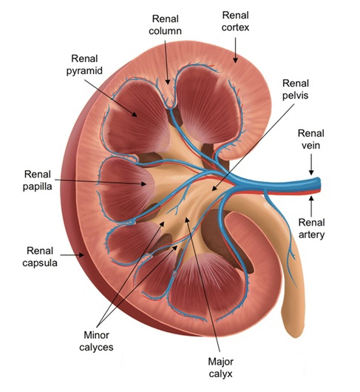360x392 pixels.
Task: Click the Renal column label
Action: pyautogui.click(x=165, y=25)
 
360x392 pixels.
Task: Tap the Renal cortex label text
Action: pyautogui.click(x=235, y=21)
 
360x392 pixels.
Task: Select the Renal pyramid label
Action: pyautogui.click(x=84, y=64)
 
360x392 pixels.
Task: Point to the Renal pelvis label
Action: pyautogui.click(x=296, y=89)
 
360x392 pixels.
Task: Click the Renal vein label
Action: pyautogui.click(x=311, y=139)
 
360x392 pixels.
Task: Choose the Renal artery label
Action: pyautogui.click(x=311, y=229)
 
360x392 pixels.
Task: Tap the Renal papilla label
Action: pyautogui.click(x=38, y=180)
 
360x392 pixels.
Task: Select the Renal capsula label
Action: pyautogui.click(x=40, y=257)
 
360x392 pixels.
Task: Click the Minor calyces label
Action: pyautogui.click(x=96, y=341)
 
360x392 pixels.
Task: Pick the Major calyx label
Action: pyautogui.click(x=220, y=368)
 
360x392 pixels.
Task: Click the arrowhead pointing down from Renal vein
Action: pyautogui.click(x=311, y=172)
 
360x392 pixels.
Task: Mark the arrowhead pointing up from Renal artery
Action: pyautogui.click(x=311, y=199)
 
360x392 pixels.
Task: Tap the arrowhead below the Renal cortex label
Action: pyautogui.click(x=235, y=60)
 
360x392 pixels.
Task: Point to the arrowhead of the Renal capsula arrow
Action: pyautogui.click(x=81, y=255)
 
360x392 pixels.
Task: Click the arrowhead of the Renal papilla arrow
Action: pyautogui.click(x=143, y=184)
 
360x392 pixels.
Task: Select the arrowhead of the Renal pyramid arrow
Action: pyautogui.click(x=135, y=114)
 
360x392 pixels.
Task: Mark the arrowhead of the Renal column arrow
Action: pyautogui.click(x=168, y=81)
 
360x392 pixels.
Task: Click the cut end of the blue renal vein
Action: pyautogui.click(x=319, y=183)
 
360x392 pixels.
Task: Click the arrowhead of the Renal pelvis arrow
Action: pyautogui.click(x=214, y=189)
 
